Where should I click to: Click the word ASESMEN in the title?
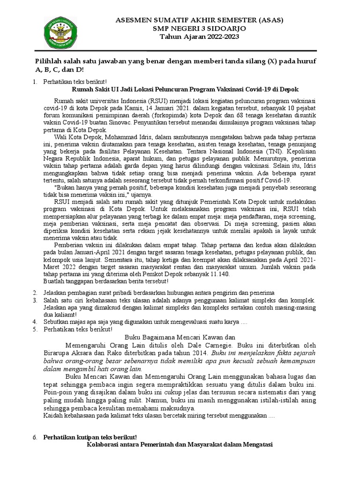(133, 21)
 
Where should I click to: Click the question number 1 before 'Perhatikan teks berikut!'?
(34, 82)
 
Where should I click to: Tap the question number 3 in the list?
(34, 300)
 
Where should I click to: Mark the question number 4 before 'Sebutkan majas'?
(34, 322)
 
